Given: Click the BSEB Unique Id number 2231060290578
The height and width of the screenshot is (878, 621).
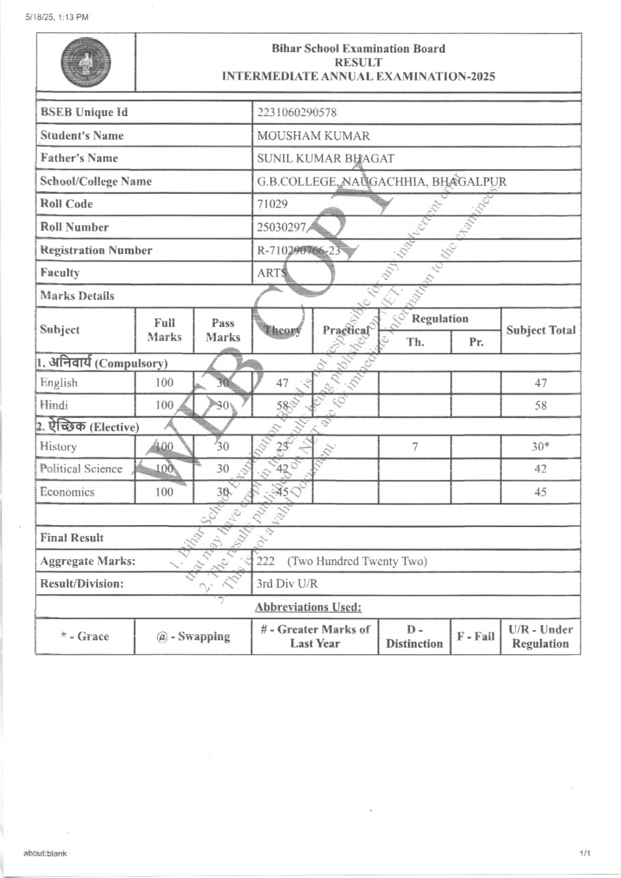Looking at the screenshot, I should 297,113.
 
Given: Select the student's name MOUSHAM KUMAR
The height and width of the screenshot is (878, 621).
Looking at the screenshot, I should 303,136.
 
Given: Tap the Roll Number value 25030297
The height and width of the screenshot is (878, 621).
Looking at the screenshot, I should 280,227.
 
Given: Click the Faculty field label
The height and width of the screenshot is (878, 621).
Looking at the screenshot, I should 60,273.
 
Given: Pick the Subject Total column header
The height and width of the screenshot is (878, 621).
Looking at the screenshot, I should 540,330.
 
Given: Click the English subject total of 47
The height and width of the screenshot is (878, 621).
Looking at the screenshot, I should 540,383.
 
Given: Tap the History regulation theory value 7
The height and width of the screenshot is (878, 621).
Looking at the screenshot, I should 415,447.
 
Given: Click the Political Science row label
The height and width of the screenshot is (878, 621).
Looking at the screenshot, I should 81,469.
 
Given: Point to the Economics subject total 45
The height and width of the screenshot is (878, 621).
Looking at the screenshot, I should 540,492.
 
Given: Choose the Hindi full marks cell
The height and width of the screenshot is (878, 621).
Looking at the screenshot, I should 165,406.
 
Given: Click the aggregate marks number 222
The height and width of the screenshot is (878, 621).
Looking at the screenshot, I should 265,562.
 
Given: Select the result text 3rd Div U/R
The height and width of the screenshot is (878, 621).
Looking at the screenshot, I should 287,584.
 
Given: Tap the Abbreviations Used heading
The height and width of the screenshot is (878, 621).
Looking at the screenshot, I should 308,607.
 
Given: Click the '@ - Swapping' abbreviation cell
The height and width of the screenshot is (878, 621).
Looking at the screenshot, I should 193,637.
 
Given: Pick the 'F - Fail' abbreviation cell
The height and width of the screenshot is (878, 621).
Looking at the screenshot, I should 475,637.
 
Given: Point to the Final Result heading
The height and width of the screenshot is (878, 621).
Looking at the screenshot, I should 72,538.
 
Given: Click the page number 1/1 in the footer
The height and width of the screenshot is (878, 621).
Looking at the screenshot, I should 584,853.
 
